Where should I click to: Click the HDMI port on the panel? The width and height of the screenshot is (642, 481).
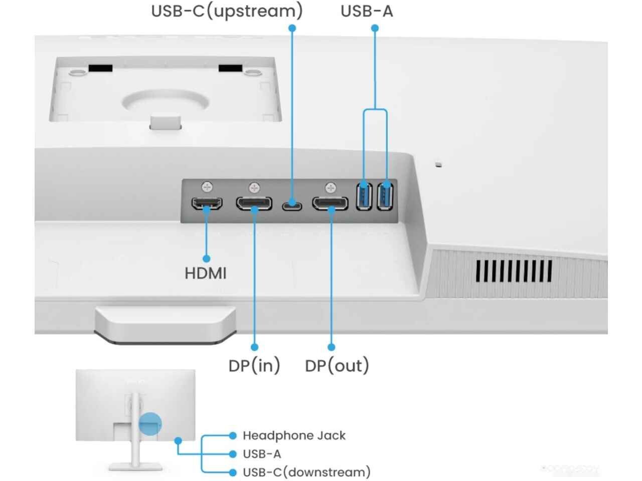(x=207, y=203)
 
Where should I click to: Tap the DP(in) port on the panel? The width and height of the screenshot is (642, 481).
(x=254, y=203)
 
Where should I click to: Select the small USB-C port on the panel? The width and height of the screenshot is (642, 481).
(x=292, y=205)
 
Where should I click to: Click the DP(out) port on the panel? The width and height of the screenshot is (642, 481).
(x=330, y=203)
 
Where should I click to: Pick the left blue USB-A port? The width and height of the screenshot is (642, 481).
(x=364, y=196)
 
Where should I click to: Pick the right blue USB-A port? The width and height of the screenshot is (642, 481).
(x=386, y=196)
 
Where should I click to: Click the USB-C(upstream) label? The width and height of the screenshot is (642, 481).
(x=227, y=11)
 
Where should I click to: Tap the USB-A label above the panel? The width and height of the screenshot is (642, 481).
(x=366, y=11)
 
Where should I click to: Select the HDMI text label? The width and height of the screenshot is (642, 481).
(x=206, y=274)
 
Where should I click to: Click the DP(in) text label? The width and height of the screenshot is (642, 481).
(x=254, y=366)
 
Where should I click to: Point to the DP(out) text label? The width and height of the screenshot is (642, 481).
(x=337, y=366)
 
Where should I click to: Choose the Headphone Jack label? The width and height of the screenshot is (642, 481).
(x=294, y=436)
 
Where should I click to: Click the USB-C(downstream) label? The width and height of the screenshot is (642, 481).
(x=306, y=472)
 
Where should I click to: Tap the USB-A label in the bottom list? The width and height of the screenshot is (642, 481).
(x=262, y=454)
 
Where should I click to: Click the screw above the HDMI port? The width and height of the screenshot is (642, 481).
(x=207, y=187)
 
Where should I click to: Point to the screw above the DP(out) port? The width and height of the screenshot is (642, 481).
(x=330, y=188)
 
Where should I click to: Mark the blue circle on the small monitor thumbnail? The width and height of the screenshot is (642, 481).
(x=150, y=424)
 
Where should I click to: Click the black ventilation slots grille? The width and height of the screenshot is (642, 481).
(x=514, y=272)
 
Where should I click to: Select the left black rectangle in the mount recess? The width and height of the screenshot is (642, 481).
(x=100, y=68)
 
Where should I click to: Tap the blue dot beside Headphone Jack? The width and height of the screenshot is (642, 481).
(x=232, y=436)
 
